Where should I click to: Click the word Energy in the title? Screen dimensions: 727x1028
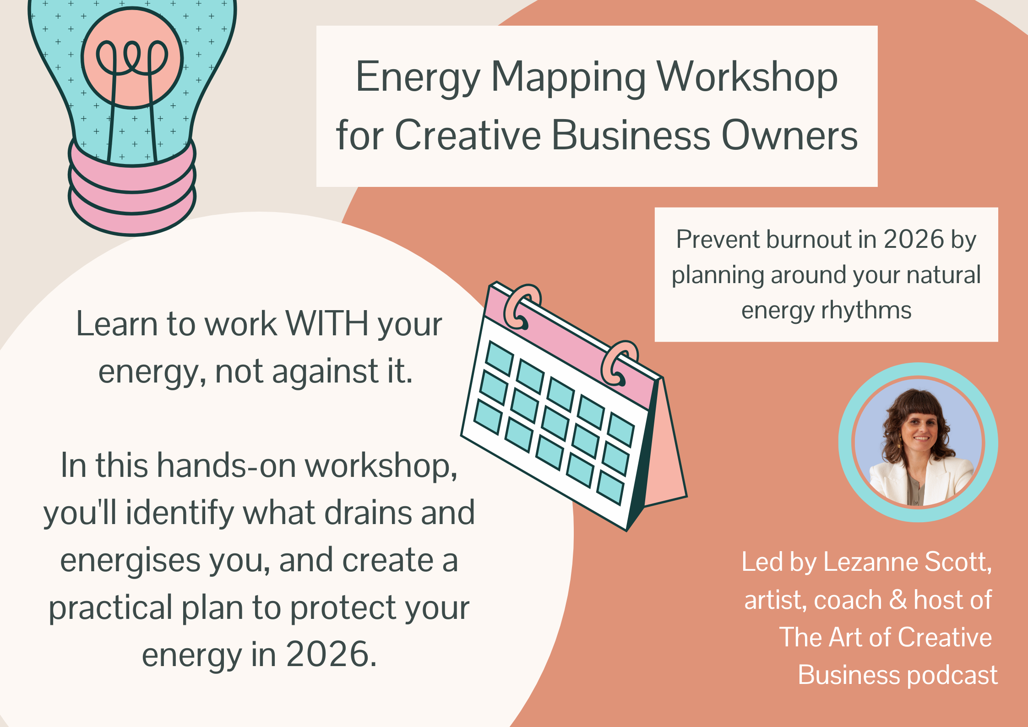tap(417, 78)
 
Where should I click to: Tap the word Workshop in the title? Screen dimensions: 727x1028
tap(747, 78)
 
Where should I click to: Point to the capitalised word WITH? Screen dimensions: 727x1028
tap(327, 324)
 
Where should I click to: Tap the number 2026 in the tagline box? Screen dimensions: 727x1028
tap(914, 240)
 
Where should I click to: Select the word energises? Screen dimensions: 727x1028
tap(130, 561)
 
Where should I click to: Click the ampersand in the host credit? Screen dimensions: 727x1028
tap(898, 600)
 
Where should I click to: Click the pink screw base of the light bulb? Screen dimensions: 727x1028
tap(132, 192)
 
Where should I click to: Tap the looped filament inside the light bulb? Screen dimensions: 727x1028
tap(132, 57)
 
